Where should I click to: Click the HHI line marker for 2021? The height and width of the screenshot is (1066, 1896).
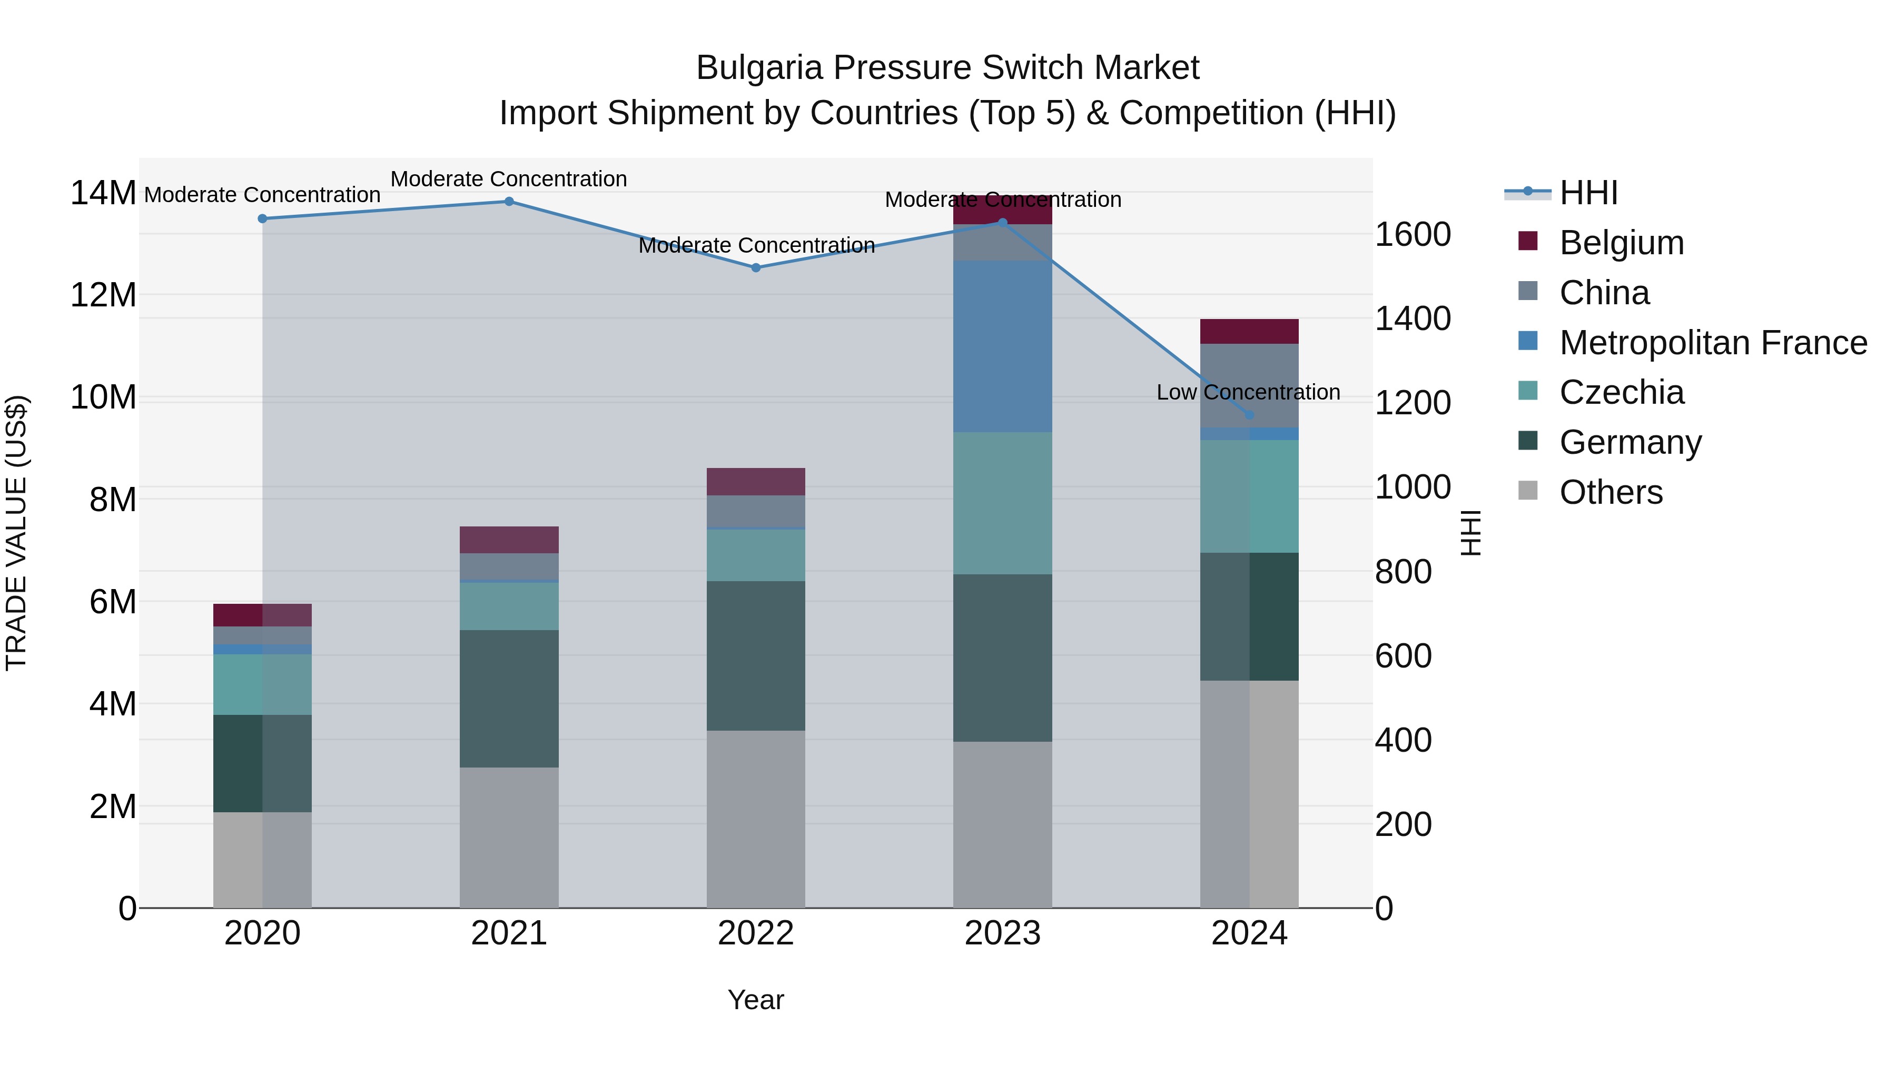point(509,202)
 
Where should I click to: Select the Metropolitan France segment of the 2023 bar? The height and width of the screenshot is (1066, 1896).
point(1002,346)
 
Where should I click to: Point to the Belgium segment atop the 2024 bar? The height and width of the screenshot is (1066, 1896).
point(1249,332)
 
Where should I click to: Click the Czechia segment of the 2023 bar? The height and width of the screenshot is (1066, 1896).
point(1002,503)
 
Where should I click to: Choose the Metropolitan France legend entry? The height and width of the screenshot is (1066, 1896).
point(1713,343)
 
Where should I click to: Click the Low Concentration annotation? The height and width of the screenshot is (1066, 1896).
point(1248,392)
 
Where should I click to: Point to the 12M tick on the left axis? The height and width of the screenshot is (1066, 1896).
point(103,295)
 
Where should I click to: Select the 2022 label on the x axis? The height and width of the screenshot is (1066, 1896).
point(756,933)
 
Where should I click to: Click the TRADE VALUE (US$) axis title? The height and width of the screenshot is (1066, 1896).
point(16,533)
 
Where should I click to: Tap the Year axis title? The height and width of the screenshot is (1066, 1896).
point(756,1000)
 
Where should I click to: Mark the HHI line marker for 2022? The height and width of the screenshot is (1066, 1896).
point(756,268)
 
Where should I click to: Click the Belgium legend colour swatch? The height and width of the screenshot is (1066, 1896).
point(1528,241)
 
